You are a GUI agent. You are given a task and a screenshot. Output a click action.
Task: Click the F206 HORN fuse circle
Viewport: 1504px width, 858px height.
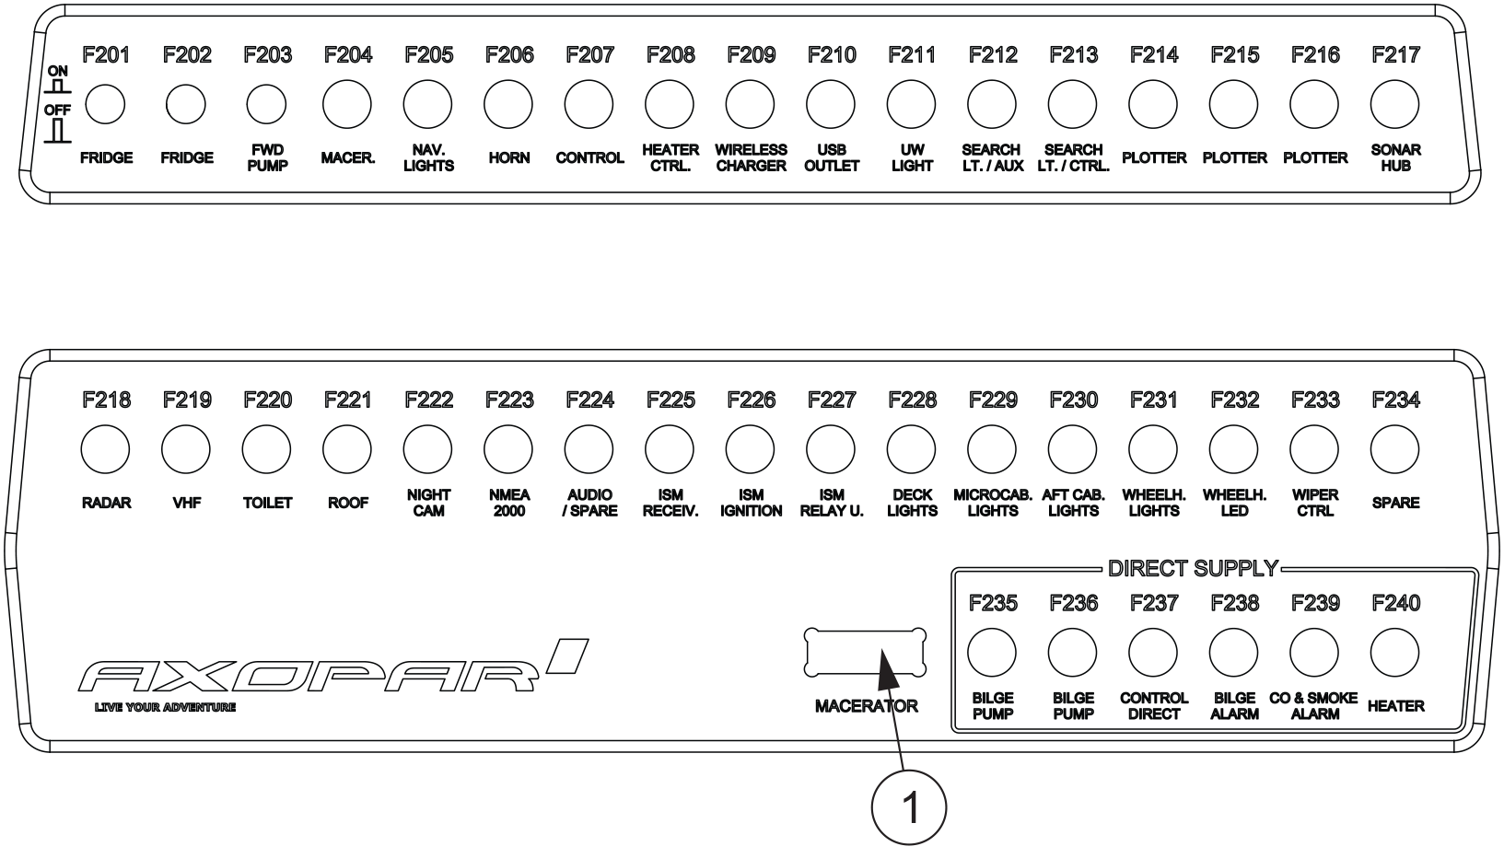tap(509, 105)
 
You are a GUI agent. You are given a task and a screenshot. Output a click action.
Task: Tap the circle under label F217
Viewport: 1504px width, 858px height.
tap(1395, 105)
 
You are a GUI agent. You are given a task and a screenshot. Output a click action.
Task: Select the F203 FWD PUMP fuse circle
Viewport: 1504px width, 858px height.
tap(267, 105)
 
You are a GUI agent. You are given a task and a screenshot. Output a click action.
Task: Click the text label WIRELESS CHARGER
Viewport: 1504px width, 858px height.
tap(751, 157)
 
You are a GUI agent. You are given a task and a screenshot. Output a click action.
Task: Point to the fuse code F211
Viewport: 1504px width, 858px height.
tap(912, 55)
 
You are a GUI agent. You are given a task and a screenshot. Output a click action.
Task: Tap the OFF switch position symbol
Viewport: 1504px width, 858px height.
tap(58, 130)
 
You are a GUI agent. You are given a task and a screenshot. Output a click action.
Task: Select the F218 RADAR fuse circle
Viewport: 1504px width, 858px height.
tap(105, 449)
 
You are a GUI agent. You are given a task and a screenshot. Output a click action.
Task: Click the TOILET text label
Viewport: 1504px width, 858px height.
tap(267, 503)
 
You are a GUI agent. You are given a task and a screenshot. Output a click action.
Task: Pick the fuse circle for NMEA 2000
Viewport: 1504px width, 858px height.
tap(509, 449)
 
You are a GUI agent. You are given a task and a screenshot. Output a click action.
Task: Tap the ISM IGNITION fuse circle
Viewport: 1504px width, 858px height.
tap(751, 449)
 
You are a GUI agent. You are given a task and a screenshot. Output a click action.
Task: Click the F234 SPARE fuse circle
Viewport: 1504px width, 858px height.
tap(1395, 449)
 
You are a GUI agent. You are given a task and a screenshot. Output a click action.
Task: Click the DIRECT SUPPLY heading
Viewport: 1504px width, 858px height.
tap(1193, 568)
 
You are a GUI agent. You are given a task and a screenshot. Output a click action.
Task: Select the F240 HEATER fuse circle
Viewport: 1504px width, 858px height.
tap(1395, 653)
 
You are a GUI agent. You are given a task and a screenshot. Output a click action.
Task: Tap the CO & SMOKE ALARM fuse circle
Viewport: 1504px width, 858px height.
tap(1314, 653)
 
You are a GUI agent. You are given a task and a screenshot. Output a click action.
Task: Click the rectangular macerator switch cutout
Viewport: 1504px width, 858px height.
tap(865, 653)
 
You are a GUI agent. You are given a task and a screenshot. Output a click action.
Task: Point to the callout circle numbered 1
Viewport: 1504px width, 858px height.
tap(910, 807)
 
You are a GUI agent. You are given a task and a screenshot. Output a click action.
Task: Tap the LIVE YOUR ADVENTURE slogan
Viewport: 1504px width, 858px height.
tap(165, 707)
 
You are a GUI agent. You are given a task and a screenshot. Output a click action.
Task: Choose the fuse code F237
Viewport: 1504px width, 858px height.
tap(1153, 603)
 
